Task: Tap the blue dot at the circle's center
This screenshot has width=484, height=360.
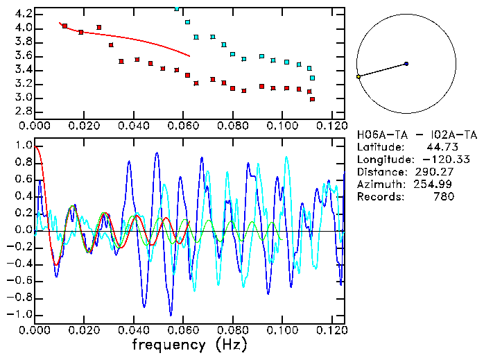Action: click(406, 64)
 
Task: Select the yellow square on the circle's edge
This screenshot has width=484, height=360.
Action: click(358, 76)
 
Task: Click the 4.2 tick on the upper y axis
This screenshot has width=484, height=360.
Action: click(23, 14)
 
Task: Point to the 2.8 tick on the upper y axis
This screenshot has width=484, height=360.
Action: click(23, 111)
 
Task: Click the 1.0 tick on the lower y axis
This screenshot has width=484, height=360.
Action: click(23, 146)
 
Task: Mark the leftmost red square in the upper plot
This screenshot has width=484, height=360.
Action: click(64, 26)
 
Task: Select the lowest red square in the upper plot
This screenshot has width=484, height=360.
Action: click(312, 99)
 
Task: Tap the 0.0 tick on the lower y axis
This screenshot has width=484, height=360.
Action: click(23, 230)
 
